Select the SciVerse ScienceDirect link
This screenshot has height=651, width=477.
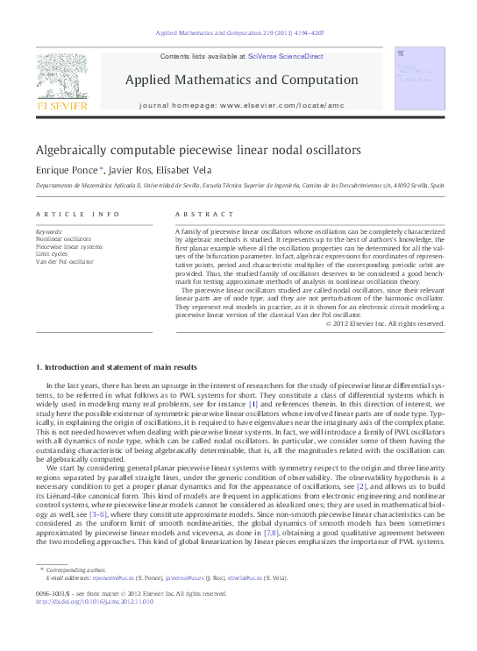(285, 56)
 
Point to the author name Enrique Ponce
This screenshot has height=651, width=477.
(68, 169)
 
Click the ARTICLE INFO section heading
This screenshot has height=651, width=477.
(66, 215)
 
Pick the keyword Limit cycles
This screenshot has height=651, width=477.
(50, 254)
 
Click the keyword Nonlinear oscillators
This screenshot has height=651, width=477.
(62, 238)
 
